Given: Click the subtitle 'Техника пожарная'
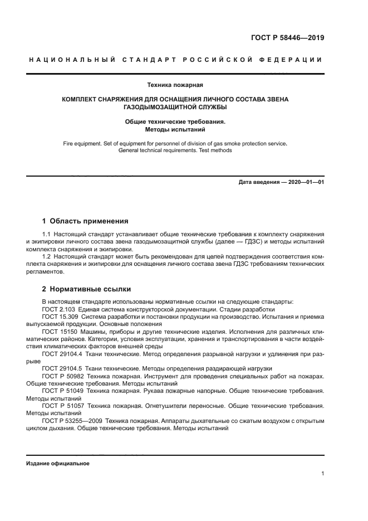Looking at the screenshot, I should tap(175, 85).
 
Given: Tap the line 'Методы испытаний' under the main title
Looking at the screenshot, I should tap(175, 129).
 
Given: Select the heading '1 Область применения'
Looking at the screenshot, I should tap(85, 221).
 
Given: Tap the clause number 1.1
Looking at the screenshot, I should tap(47, 234).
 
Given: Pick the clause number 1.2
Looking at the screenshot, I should tap(47, 257).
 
